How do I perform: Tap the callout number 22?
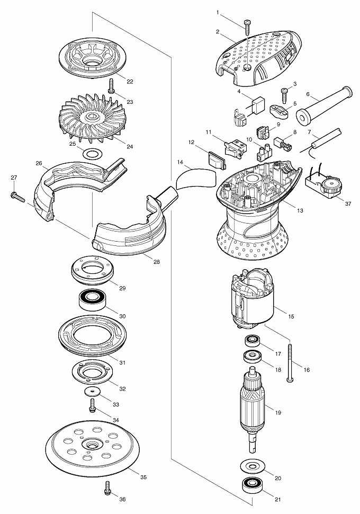pyautogui.click(x=130, y=82)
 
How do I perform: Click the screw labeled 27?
pyautogui.click(x=19, y=196)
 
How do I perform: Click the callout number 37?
pyautogui.click(x=348, y=203)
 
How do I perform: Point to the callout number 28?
pyautogui.click(x=157, y=262)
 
